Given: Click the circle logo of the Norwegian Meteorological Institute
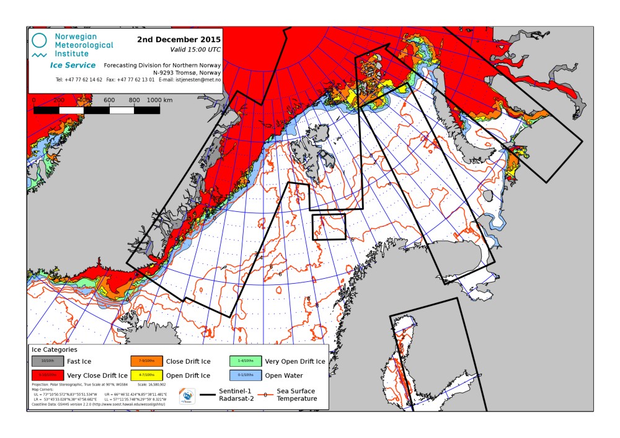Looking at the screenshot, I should [x=39, y=41].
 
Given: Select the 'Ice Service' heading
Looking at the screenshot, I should [x=73, y=65].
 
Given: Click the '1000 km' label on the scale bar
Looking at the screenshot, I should [x=159, y=100].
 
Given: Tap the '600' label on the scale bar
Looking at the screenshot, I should [x=109, y=100].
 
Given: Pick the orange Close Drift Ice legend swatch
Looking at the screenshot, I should [x=146, y=361].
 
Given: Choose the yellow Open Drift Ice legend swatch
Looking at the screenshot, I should [x=146, y=375].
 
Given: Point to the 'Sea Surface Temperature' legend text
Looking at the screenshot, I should [x=294, y=395].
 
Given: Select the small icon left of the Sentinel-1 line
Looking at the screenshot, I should [x=187, y=395].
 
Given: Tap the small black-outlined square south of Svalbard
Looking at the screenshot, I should [x=329, y=227].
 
